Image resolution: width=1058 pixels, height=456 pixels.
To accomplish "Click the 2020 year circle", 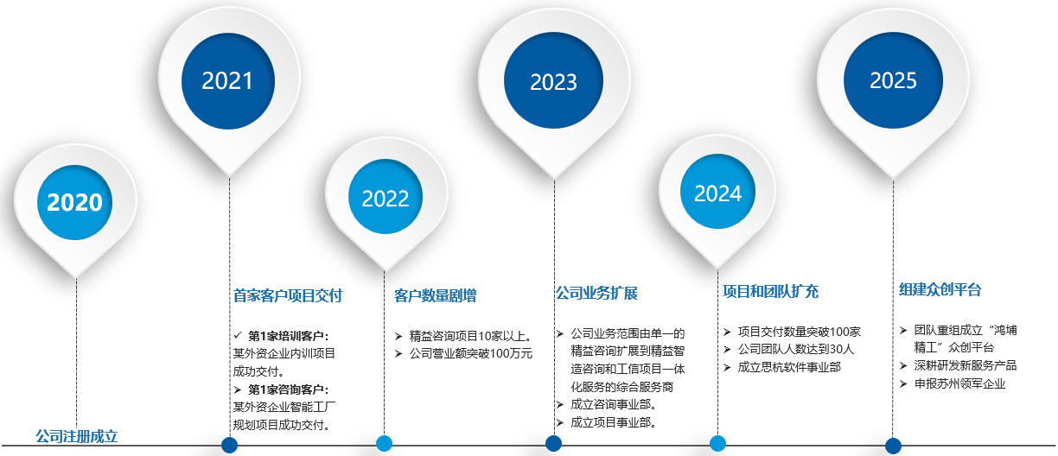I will point(74,202).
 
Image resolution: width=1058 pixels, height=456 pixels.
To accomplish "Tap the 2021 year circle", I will point(227,80).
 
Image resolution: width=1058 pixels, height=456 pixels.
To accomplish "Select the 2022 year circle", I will point(386,198).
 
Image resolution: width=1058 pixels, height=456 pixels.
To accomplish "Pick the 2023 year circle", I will point(553,82).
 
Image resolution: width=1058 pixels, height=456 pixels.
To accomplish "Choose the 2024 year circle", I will point(717,193).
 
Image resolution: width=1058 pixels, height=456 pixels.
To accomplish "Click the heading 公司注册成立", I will point(76,436).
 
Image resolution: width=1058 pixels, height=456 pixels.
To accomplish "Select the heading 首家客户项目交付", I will point(288,295).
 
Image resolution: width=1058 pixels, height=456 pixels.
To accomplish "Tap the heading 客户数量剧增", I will point(435,295).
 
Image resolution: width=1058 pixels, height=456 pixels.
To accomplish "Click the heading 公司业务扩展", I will point(596,293).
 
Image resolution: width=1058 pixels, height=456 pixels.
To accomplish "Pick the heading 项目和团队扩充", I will point(770,291).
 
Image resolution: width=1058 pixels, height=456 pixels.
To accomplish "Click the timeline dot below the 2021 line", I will point(229,445).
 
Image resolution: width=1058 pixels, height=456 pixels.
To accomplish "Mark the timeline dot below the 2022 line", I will point(385,443).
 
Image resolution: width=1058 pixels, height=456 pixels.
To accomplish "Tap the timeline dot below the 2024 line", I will point(717,443).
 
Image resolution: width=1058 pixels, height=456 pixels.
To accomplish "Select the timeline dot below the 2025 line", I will point(893,446).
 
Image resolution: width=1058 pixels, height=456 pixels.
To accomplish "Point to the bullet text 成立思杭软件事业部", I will point(789,367).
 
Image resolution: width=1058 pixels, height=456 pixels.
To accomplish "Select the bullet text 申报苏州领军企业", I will point(960,383).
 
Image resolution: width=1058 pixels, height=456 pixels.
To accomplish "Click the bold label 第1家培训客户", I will point(288,335).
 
